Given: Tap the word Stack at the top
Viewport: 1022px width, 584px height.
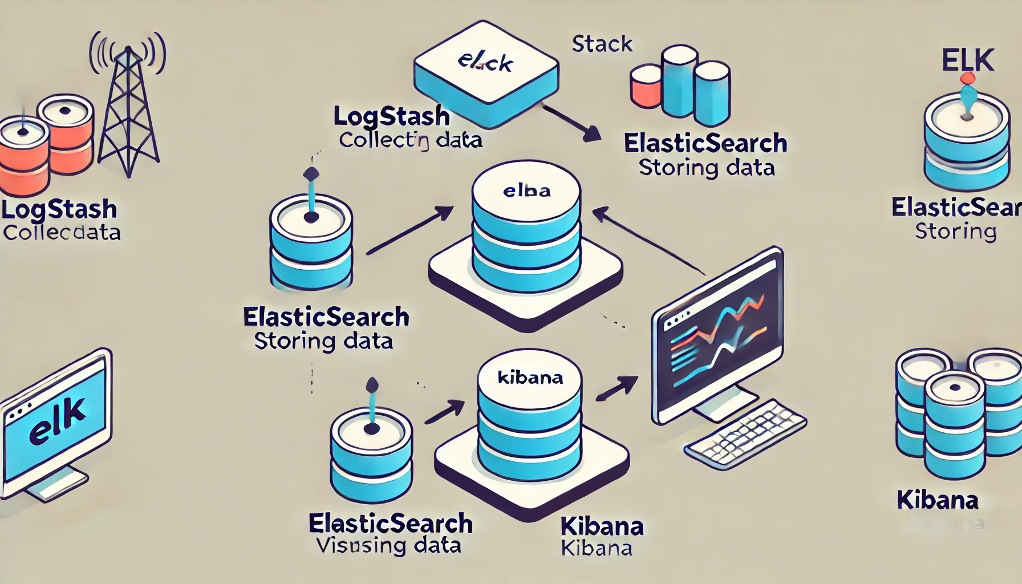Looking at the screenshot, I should (602, 44).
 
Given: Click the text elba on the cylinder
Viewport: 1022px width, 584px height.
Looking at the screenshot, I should (526, 191).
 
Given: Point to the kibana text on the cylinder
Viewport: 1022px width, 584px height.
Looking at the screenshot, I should (530, 378).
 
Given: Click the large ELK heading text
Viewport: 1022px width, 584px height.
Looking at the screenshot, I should (968, 60).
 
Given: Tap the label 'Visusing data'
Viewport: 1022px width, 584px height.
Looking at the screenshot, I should (388, 546).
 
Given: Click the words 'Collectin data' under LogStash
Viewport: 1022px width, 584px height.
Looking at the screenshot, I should (411, 140).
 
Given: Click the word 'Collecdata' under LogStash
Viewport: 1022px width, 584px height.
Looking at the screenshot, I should (62, 233).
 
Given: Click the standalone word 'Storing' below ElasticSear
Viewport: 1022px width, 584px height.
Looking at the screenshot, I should (955, 232).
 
